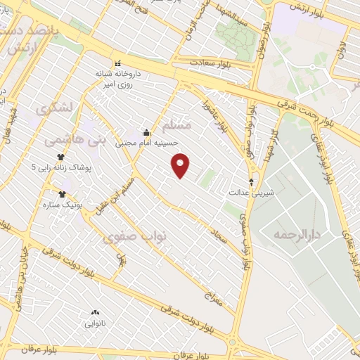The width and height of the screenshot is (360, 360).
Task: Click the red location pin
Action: coord(181,165)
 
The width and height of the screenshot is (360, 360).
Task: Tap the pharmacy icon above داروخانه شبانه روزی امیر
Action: coord(117,62)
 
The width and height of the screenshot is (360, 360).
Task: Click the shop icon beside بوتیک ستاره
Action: coord(63,193)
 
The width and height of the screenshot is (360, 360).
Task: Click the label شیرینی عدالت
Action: coord(249,191)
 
